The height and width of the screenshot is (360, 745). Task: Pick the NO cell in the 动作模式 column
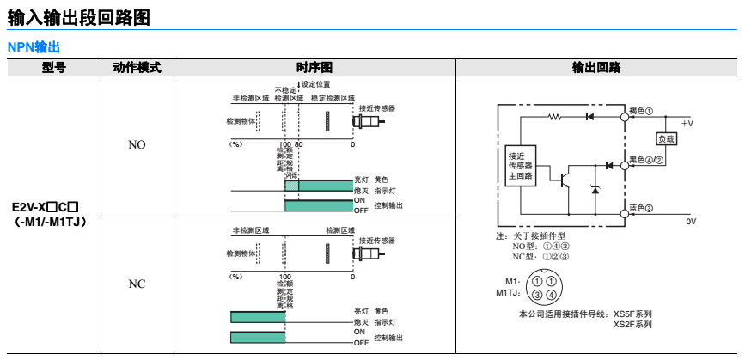137,145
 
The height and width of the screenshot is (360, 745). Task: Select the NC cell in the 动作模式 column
137,284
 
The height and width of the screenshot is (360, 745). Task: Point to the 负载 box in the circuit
666,138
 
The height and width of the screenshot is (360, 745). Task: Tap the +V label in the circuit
687,124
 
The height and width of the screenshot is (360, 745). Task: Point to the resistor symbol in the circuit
553,115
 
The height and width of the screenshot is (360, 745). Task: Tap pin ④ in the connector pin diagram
550,296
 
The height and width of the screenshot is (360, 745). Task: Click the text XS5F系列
632,314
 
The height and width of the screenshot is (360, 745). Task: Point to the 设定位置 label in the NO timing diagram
316,84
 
